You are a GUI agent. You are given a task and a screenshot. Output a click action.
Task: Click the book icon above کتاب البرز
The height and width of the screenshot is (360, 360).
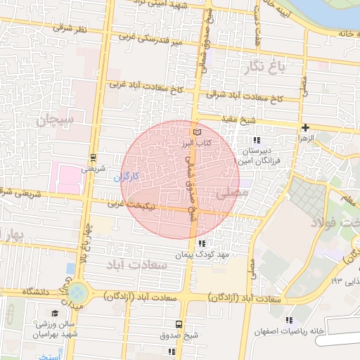click(x=197, y=132)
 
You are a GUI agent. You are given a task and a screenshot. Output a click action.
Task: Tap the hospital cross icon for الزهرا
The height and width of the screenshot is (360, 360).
click(x=304, y=127)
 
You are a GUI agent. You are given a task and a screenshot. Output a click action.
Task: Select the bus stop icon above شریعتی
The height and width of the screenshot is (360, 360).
click(x=93, y=158)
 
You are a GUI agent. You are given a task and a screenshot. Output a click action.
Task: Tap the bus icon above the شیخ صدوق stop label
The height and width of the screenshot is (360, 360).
click(x=178, y=325)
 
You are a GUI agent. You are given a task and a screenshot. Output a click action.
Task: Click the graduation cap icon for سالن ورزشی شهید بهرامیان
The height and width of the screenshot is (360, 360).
click(x=55, y=313)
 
